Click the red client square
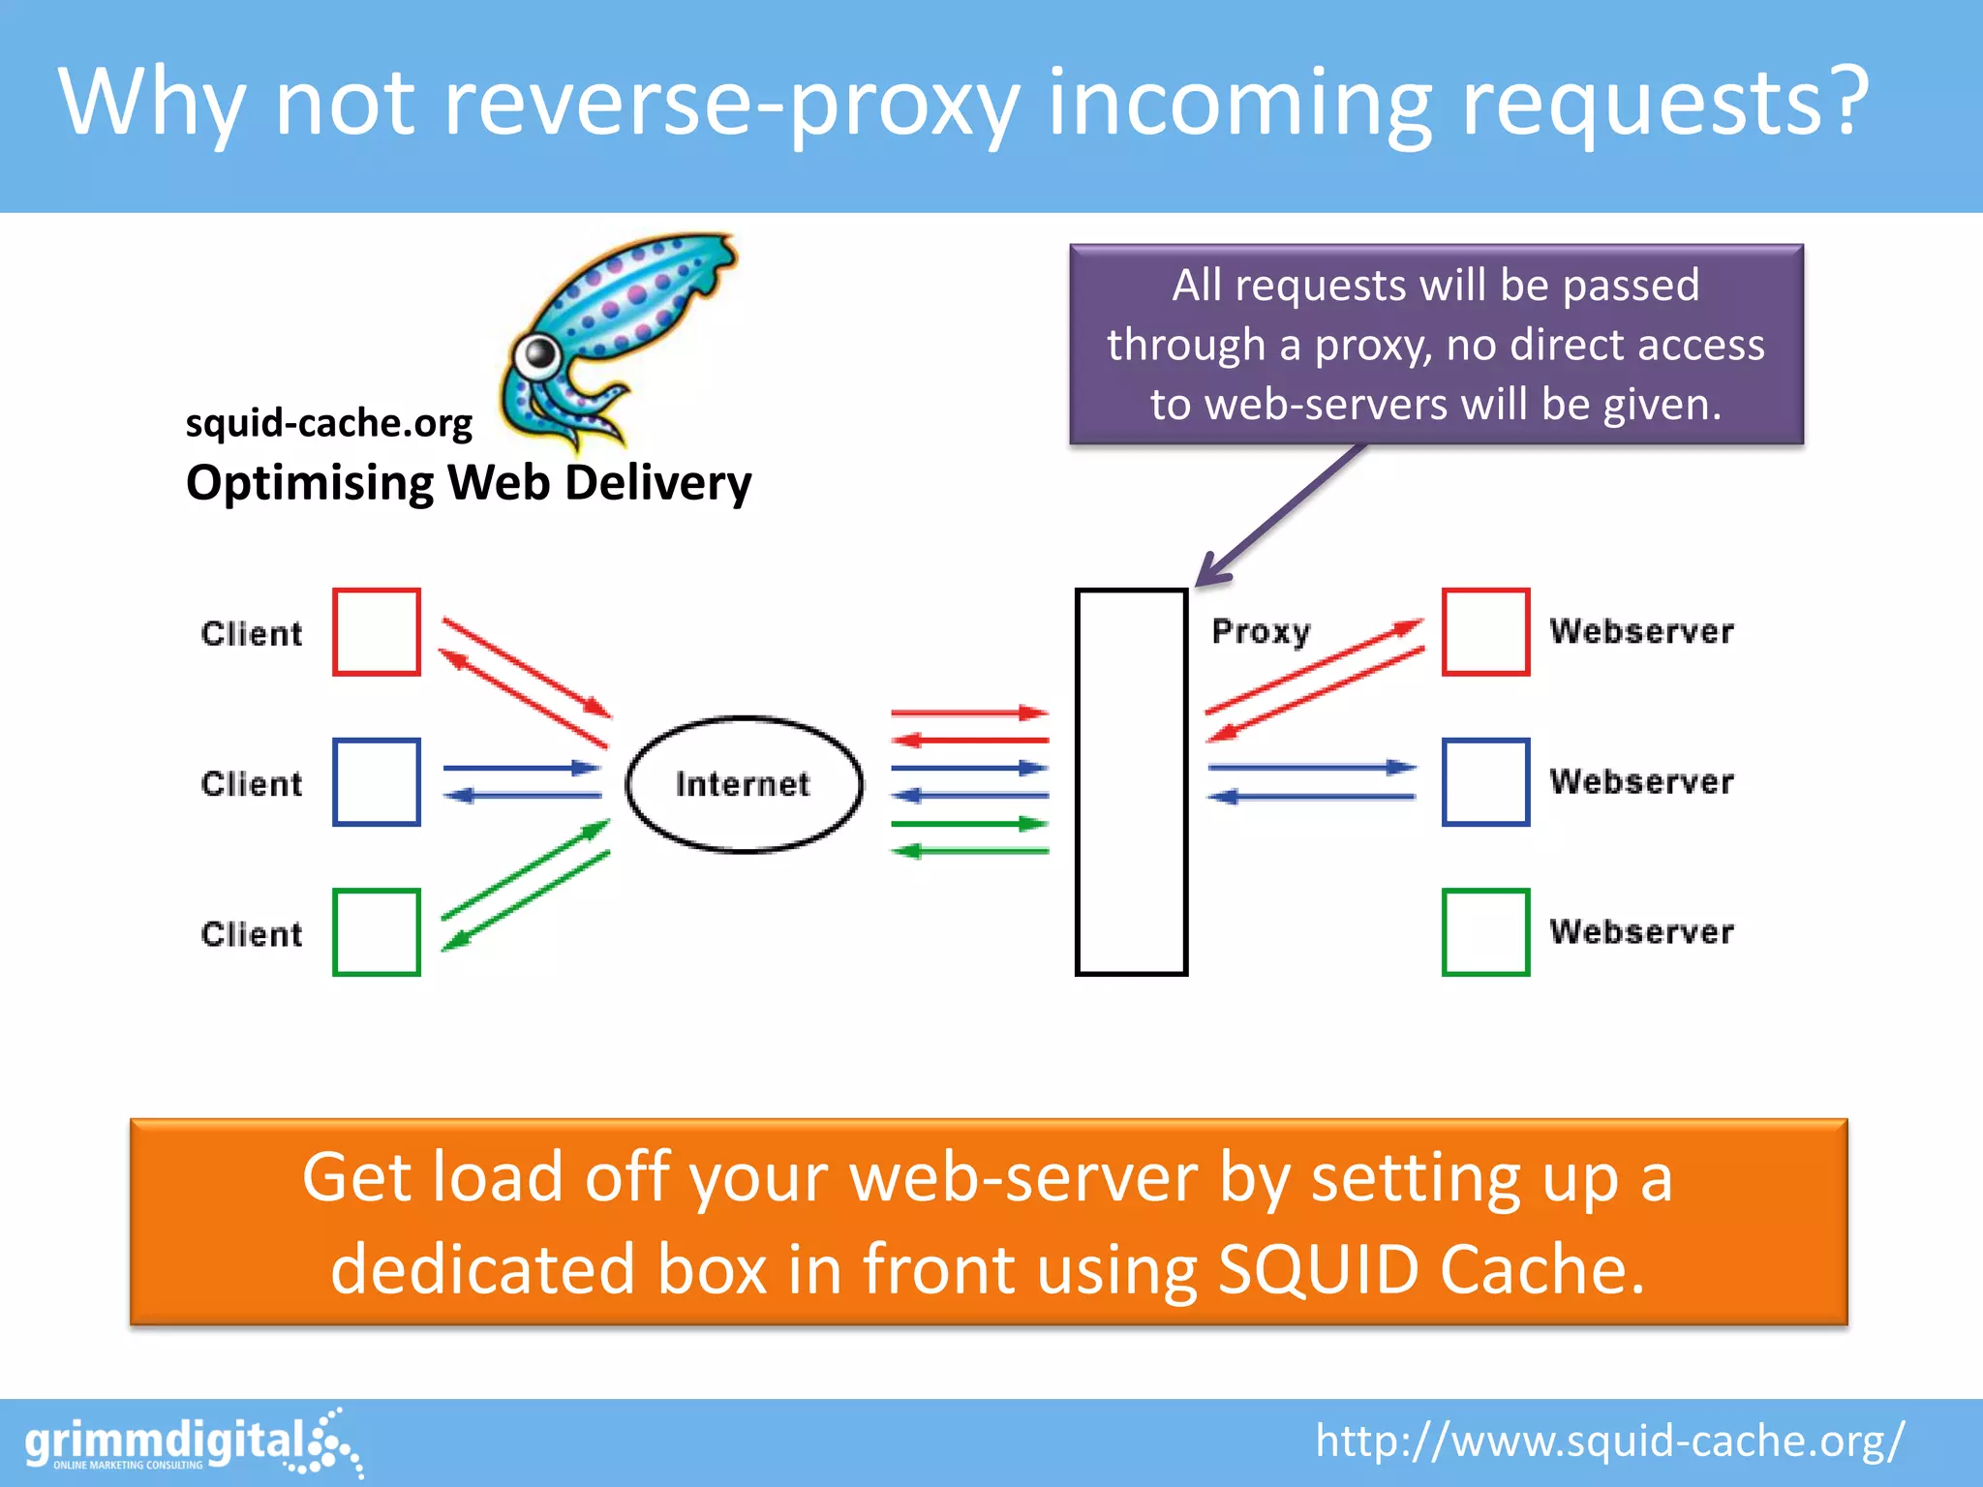(377, 632)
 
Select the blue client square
(377, 782)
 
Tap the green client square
(377, 932)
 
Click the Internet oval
(744, 784)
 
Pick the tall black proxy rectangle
(1131, 782)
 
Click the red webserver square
(1485, 632)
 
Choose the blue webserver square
(1485, 782)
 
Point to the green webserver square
(1485, 932)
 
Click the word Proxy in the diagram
(1261, 632)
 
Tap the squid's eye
(538, 356)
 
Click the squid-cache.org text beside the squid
(328, 423)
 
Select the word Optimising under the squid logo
(310, 483)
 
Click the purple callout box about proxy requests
(1436, 344)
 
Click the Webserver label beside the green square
(1641, 932)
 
